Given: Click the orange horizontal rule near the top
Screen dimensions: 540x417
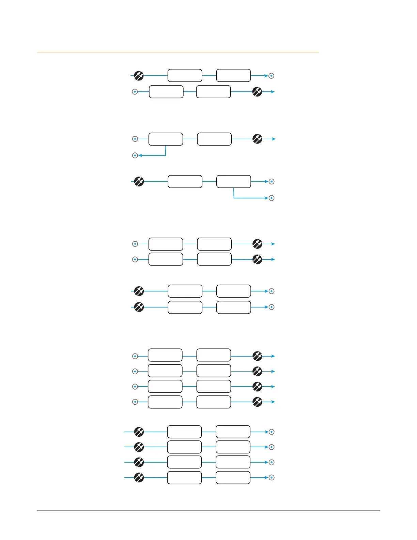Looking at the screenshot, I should (177, 52).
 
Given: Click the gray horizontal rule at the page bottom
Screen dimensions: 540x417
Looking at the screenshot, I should (208, 510).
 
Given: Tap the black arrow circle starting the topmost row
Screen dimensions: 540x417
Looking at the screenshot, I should (139, 76).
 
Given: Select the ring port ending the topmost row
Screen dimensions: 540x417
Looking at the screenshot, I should (272, 76).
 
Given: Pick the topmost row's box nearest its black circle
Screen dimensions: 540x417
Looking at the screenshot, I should (185, 75).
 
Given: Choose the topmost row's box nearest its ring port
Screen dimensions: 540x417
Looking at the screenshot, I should (233, 75).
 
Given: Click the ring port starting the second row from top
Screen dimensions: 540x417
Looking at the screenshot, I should (135, 92).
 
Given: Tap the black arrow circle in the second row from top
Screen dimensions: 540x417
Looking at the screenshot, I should (257, 92).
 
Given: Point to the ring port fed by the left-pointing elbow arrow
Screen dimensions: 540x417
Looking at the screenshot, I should (135, 155).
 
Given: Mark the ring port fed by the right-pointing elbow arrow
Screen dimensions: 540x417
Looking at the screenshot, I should (272, 198).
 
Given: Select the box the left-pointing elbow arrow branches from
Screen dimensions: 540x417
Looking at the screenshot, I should (166, 139).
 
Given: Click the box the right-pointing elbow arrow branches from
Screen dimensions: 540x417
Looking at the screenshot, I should (234, 181).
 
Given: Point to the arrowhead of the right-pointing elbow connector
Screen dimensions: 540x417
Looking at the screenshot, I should (267, 198).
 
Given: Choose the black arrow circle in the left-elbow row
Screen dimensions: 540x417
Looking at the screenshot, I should (257, 139).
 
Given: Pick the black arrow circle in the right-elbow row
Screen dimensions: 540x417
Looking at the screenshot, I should (139, 181).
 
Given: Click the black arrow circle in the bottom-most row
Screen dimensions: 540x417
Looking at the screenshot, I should (139, 478).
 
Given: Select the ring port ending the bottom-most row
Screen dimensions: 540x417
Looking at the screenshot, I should (272, 478).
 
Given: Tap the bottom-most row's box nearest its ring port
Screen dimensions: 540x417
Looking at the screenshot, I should (233, 478).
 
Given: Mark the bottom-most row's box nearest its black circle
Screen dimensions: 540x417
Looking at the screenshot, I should (184, 478).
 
